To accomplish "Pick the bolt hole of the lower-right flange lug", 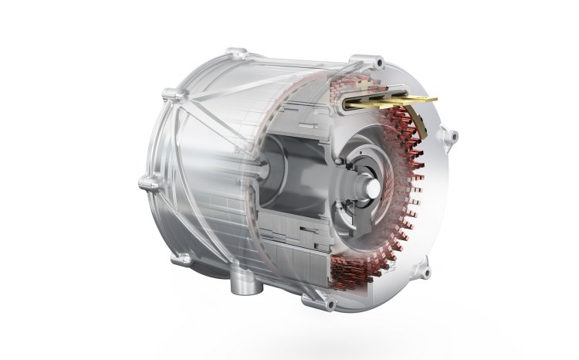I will coord(423,268).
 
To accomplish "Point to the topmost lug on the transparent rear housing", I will coord(229,54).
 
